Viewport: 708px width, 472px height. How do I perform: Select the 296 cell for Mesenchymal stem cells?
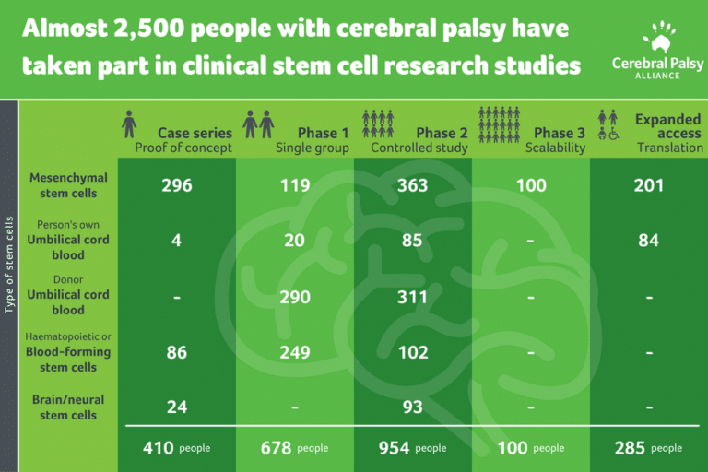[176, 185]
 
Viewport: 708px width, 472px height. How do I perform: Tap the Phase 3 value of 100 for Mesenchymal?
[530, 185]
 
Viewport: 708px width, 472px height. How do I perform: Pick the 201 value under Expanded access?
[649, 185]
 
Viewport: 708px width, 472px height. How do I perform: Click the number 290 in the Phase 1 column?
[295, 297]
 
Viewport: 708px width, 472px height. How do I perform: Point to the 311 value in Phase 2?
[412, 297]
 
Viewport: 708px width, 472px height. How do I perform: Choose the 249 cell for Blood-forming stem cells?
[295, 352]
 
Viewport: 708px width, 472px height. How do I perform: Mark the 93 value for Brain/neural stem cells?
[412, 407]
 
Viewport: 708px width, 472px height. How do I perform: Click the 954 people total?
[412, 448]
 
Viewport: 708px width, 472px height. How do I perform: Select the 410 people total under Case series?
[176, 448]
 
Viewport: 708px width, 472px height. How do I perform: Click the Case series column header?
[195, 133]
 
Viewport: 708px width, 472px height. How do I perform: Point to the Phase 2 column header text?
[442, 133]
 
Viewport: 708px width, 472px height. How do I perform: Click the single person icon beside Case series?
[130, 123]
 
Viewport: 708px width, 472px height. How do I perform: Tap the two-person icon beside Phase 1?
[259, 123]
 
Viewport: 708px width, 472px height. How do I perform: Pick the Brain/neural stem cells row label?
[69, 407]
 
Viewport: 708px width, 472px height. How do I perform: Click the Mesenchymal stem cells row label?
[69, 185]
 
